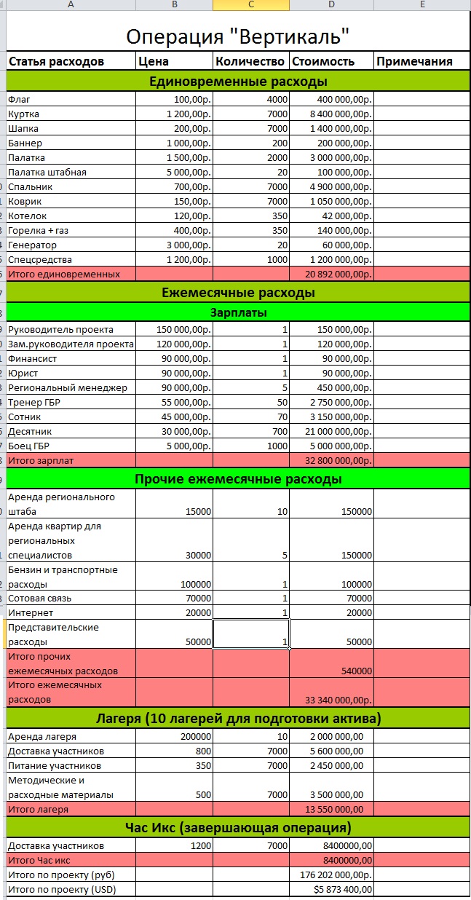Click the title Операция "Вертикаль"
click(x=237, y=36)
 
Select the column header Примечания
click(x=413, y=61)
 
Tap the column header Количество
click(x=250, y=61)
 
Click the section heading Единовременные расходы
click(x=237, y=81)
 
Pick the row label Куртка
click(x=24, y=114)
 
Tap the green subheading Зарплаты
click(x=237, y=312)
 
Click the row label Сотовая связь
click(x=39, y=599)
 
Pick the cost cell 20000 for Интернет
click(x=357, y=613)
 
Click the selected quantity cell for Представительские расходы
click(x=251, y=633)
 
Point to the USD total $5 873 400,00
click(x=342, y=889)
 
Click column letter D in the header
click(x=331, y=4)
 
